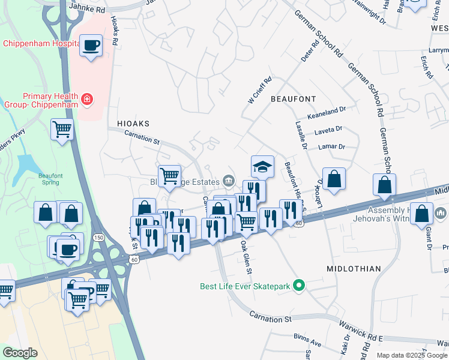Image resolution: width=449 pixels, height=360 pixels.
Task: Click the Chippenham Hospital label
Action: [x=41, y=44]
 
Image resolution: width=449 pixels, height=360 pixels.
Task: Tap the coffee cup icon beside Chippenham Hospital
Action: [x=91, y=46]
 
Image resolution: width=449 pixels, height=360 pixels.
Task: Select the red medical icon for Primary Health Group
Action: [x=88, y=98]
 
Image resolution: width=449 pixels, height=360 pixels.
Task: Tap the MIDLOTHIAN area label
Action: [x=354, y=269]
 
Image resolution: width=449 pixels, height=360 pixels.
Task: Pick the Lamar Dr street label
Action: [x=334, y=146]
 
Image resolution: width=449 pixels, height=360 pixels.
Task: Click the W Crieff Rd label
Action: [x=260, y=89]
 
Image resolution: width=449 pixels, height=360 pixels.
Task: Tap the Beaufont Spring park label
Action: [x=50, y=179]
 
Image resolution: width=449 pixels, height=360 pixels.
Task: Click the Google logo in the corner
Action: [x=20, y=352]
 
